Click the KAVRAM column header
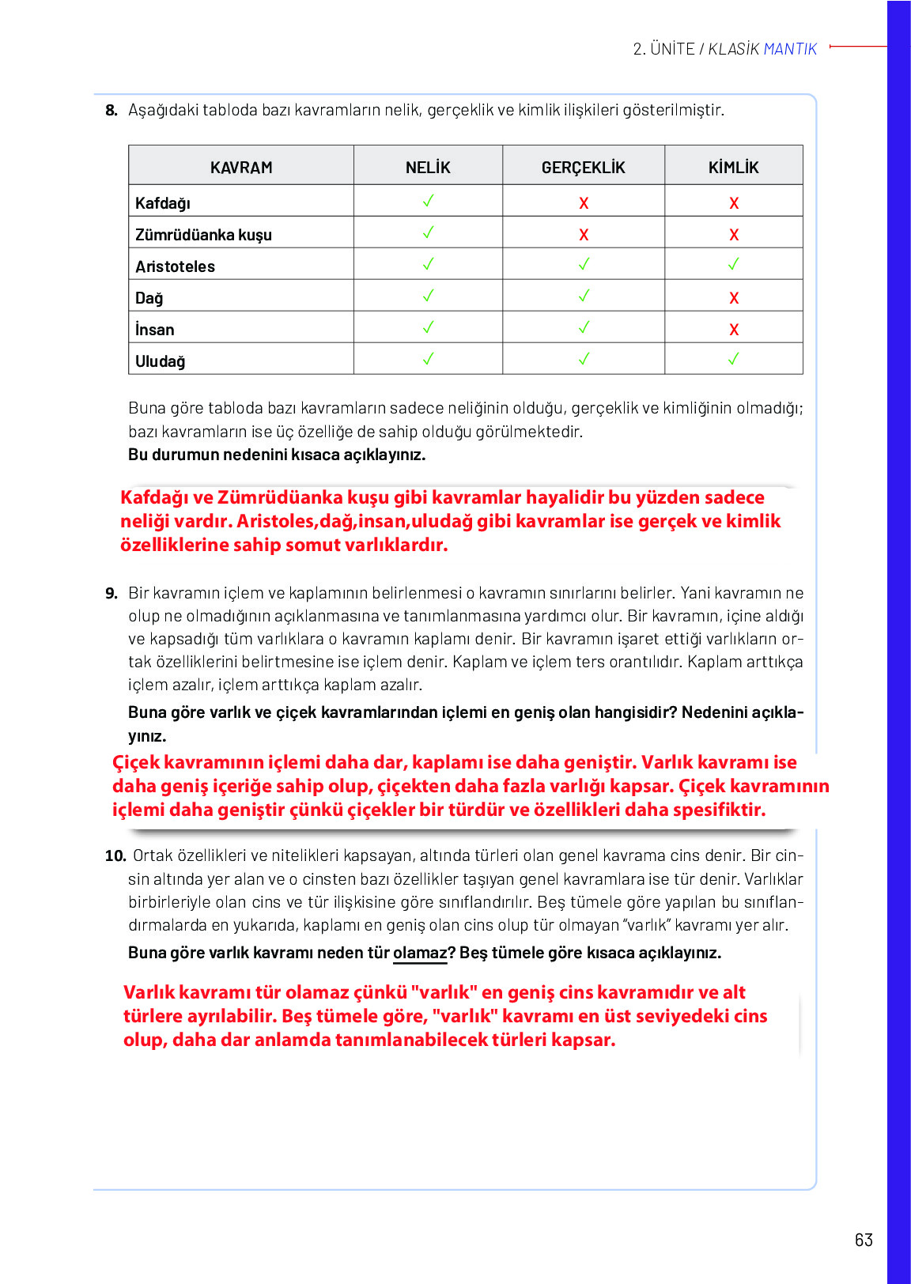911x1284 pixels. [241, 168]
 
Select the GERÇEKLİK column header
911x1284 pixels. [583, 168]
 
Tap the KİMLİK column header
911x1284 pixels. [733, 168]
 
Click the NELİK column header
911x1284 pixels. [428, 168]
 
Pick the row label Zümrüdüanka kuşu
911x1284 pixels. [203, 235]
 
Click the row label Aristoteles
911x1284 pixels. [175, 266]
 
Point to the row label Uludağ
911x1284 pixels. [160, 361]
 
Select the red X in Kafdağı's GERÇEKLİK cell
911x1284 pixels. [584, 203]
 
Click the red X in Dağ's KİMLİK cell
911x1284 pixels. [734, 298]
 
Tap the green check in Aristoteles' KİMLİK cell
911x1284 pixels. [733, 264]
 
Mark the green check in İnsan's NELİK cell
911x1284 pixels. [428, 327]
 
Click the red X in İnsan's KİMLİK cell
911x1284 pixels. [734, 330]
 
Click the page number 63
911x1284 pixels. [864, 1240]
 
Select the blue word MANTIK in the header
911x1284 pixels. [790, 49]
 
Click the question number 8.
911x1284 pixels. [111, 110]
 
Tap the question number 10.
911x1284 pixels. [115, 855]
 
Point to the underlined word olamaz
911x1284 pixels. [420, 953]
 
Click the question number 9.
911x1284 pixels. [111, 593]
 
